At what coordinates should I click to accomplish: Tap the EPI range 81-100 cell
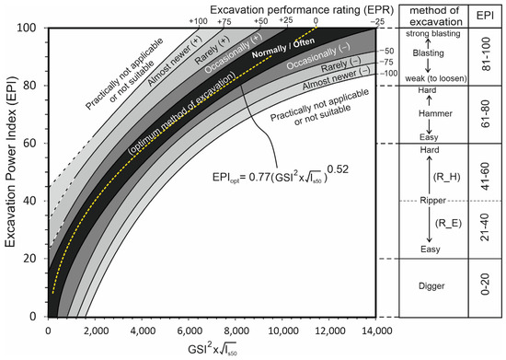point(488,57)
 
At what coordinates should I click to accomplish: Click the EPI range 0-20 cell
point(488,287)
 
